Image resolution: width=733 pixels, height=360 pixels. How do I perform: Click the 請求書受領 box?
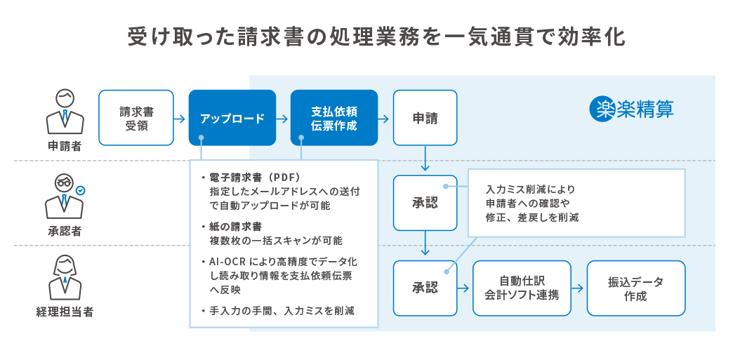(136, 118)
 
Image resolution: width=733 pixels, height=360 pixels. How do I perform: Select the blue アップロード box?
(232, 118)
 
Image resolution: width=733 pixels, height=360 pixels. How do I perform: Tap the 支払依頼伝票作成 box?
(334, 118)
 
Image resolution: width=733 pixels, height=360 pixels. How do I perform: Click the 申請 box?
(425, 118)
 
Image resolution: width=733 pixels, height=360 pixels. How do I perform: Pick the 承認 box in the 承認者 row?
(425, 203)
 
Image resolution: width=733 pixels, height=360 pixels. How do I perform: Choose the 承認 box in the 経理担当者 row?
(425, 288)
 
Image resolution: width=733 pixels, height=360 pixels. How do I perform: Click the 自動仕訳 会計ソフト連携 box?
(522, 288)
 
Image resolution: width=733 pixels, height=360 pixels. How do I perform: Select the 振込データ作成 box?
(635, 288)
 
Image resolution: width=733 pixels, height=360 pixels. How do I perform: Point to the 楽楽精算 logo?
(631, 109)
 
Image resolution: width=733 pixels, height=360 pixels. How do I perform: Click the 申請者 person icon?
(65, 112)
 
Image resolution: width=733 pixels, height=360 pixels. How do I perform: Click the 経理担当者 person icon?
(65, 279)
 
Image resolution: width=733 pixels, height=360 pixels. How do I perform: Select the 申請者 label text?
(65, 146)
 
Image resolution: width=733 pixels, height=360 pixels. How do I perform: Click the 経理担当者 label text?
(65, 312)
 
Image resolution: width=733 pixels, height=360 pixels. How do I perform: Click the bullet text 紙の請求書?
(235, 227)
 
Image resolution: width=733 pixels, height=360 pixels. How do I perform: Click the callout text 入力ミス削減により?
(529, 189)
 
